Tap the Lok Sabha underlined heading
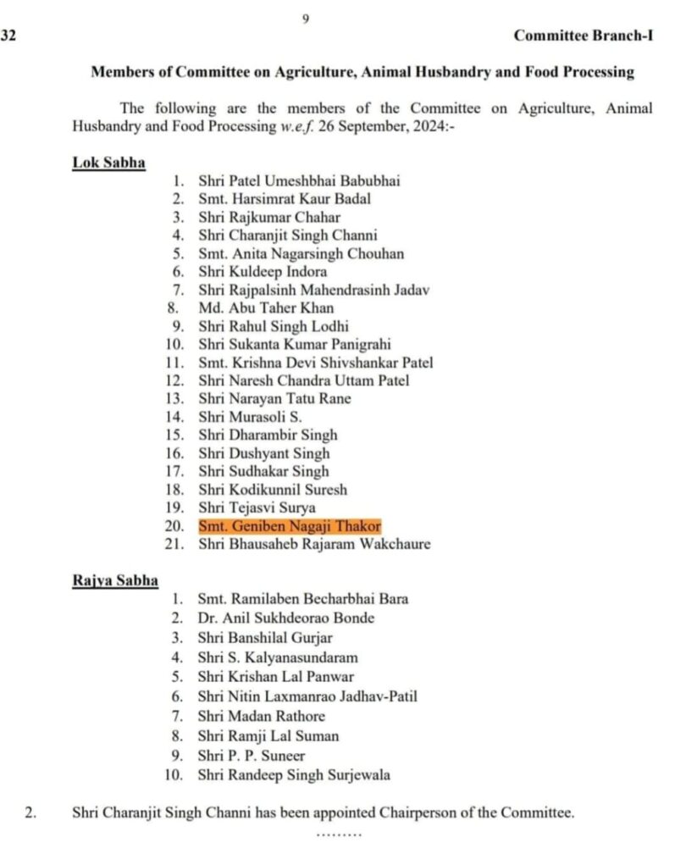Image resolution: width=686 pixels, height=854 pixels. [x=108, y=163]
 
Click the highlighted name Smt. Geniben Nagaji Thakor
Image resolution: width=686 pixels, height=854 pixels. [x=290, y=526]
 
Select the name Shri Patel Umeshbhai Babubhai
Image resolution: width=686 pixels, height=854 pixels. [x=299, y=180]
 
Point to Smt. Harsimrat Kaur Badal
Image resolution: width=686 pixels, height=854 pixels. [x=285, y=199]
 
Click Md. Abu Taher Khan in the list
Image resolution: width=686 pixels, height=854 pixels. [x=266, y=308]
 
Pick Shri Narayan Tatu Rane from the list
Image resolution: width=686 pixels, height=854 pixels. [x=274, y=399]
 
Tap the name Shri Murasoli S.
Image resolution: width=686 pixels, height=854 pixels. [x=250, y=417]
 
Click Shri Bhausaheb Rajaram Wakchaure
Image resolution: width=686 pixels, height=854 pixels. [x=314, y=544]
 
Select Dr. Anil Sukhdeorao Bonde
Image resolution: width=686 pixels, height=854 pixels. [x=285, y=618]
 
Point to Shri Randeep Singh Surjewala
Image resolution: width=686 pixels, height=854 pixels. [x=294, y=775]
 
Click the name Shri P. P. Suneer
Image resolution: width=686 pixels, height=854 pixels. [x=252, y=756]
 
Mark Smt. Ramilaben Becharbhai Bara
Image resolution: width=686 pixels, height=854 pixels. [x=302, y=599]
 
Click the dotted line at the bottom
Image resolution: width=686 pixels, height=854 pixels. [x=339, y=835]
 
